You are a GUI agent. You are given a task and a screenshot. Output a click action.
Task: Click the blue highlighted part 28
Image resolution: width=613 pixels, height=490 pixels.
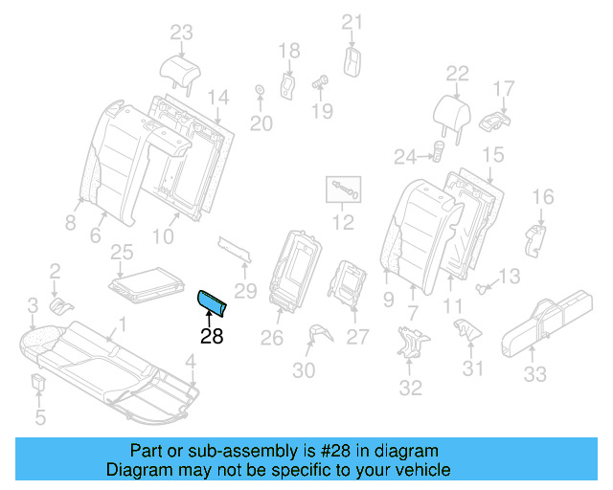[212, 302]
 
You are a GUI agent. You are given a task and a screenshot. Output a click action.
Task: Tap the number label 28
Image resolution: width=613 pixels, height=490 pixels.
[211, 337]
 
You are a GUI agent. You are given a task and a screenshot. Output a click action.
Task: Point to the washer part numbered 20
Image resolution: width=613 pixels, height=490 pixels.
[259, 92]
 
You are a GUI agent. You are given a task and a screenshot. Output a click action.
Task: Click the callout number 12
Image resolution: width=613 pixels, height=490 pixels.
[342, 224]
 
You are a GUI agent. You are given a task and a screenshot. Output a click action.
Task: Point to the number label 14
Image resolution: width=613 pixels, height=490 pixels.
[218, 97]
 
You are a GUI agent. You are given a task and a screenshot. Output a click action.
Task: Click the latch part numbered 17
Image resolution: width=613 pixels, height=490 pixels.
[494, 121]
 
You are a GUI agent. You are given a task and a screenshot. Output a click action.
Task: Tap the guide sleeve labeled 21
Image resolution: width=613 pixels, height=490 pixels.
[352, 60]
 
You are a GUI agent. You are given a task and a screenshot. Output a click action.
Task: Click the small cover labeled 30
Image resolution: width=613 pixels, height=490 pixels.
[317, 332]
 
